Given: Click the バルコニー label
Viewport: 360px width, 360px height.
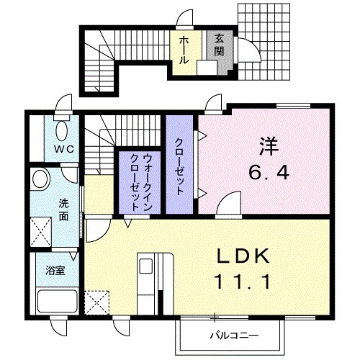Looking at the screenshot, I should point(234,335).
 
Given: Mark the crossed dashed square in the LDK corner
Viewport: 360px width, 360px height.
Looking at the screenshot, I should point(96,301).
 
